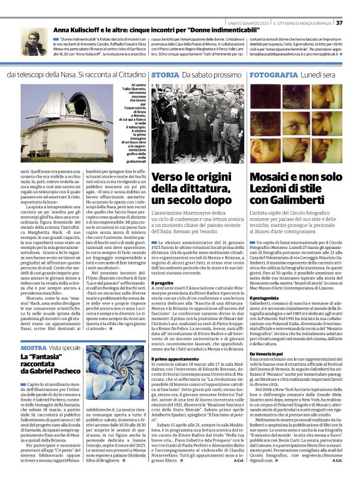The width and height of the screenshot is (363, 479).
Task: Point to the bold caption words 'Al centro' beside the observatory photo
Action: point(140,84)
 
